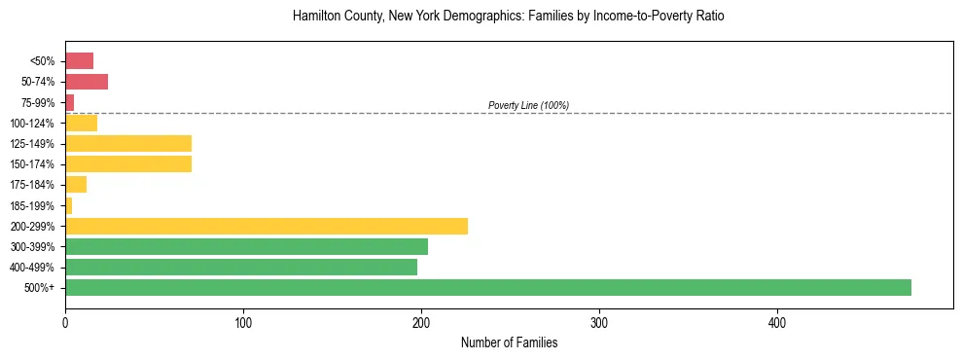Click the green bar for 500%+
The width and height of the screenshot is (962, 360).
tap(487, 287)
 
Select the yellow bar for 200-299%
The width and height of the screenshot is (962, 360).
tap(266, 226)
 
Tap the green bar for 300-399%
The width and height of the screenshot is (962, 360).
tap(246, 246)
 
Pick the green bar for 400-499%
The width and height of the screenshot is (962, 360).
tap(240, 267)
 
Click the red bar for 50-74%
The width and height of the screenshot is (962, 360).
tap(87, 82)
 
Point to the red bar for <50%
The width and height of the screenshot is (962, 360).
tap(79, 61)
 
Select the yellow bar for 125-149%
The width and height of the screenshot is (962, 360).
tap(128, 144)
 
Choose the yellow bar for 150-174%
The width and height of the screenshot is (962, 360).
tap(128, 163)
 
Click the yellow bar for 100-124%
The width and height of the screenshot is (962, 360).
tap(81, 123)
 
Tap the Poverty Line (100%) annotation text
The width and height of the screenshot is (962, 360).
tap(528, 105)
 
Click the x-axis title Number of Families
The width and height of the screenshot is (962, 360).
tap(509, 342)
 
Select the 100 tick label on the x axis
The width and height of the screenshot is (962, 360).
tap(243, 322)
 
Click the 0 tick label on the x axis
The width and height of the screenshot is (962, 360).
tap(65, 322)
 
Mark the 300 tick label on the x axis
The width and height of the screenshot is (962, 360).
tap(599, 322)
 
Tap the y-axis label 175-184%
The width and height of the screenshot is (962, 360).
tap(32, 185)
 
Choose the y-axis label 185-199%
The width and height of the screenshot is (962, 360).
tap(32, 205)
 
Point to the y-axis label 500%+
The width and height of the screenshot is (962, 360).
tap(39, 288)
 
